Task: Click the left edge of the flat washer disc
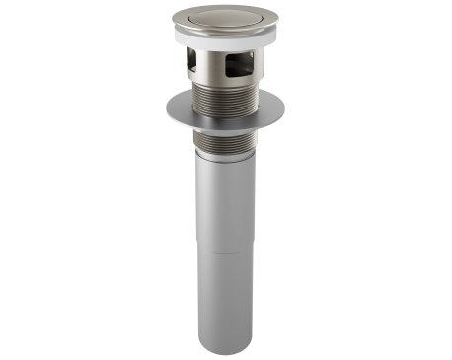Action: [155, 107]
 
